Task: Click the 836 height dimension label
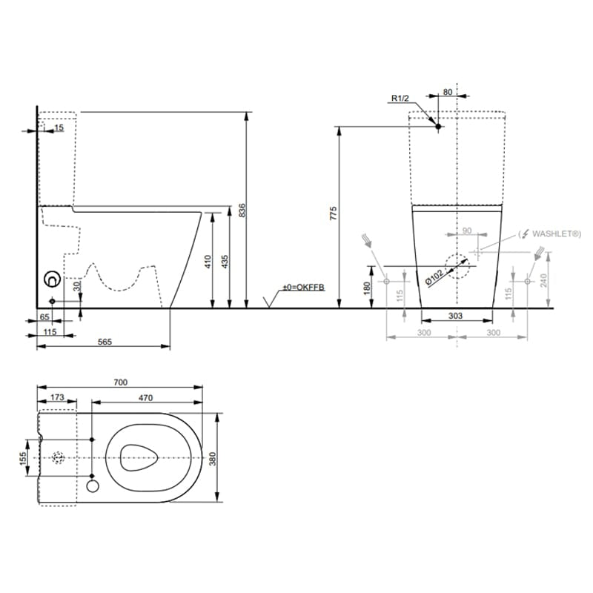(x=242, y=211)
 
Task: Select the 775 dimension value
(x=333, y=213)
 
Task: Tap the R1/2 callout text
(x=400, y=99)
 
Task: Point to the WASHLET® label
(x=557, y=233)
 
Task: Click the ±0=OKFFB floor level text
(x=304, y=287)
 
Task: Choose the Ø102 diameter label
(x=434, y=277)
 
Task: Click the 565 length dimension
(x=105, y=342)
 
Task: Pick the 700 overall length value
(x=121, y=382)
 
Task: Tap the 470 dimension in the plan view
(x=145, y=398)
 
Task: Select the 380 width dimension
(x=212, y=459)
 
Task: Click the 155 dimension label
(x=23, y=459)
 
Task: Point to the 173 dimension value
(x=57, y=397)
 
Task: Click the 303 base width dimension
(x=455, y=316)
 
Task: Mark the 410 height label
(x=208, y=262)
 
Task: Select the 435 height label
(x=225, y=262)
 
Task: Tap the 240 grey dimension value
(x=543, y=280)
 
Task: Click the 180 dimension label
(x=366, y=288)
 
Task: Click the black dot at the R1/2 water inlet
(x=438, y=126)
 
